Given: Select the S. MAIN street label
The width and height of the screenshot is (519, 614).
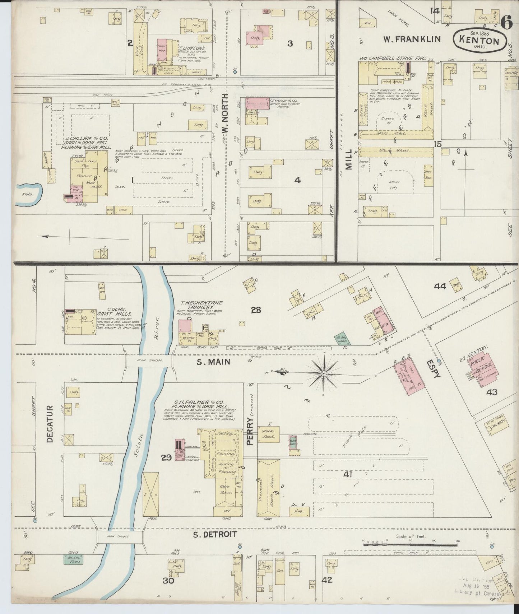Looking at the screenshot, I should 213,362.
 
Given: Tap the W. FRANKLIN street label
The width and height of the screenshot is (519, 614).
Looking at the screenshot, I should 412,39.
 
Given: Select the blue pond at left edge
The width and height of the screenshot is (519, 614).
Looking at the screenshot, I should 29,194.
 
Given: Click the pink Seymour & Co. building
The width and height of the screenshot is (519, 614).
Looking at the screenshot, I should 257,103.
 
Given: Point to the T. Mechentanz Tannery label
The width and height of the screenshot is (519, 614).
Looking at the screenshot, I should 196,305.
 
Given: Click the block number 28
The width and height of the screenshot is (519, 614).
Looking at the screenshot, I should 256,310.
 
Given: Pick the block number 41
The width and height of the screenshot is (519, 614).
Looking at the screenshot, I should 347,475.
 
